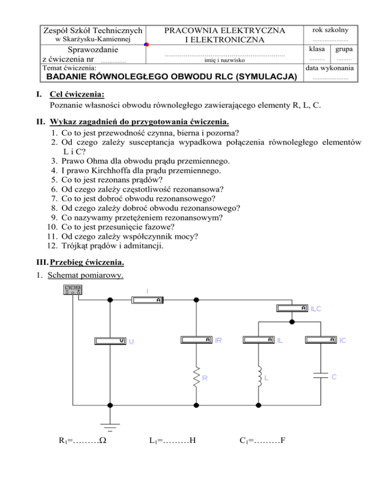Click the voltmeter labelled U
coord(110,341)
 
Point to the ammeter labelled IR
coord(196,340)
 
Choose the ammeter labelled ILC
coord(291,307)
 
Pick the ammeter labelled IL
coord(259,340)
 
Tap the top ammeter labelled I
coord(148,299)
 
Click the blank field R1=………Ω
coord(86,437)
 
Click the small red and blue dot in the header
coord(146,45)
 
